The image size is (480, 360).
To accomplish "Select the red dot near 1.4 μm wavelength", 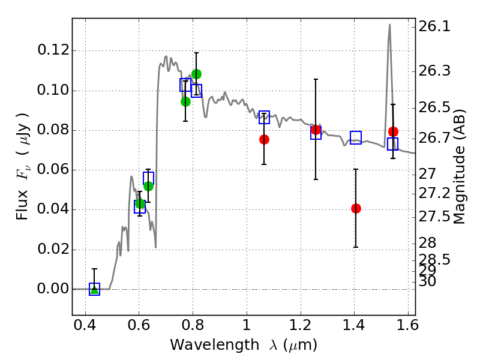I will pos(356,208).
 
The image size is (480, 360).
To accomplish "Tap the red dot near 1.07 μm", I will pos(264,139).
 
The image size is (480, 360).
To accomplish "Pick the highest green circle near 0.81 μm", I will pos(196,74).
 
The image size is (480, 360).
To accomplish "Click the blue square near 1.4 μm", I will pos(356,137).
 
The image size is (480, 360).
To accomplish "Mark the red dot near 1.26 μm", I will pos(316,130).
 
